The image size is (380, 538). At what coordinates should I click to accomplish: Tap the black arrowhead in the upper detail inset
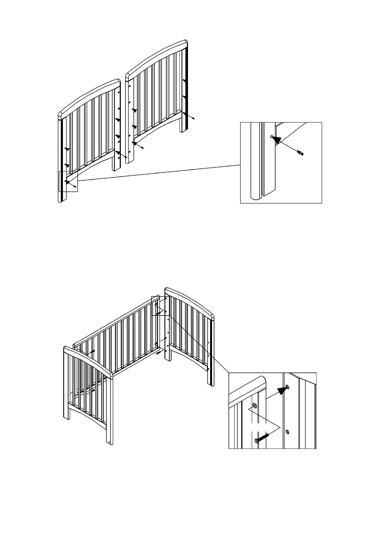pyautogui.click(x=277, y=139)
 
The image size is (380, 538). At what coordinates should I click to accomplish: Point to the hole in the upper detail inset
pyautogui.click(x=271, y=136)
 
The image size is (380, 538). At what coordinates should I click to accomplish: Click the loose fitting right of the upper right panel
pyautogui.click(x=193, y=118)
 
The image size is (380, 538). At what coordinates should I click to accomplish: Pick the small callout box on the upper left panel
pyautogui.click(x=68, y=181)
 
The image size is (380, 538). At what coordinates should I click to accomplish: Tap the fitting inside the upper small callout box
pyautogui.click(x=75, y=186)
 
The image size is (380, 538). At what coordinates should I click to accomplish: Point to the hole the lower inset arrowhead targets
pyautogui.click(x=288, y=387)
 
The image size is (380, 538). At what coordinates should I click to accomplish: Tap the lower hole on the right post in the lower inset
pyautogui.click(x=287, y=432)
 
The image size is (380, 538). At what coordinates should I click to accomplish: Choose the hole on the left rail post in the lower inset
pyautogui.click(x=255, y=405)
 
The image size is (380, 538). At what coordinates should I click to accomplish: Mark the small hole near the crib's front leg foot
pyautogui.click(x=110, y=442)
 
